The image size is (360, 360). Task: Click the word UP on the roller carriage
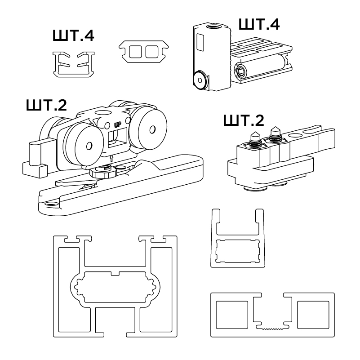[x=117, y=125]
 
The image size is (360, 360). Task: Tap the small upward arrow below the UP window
[x=111, y=158]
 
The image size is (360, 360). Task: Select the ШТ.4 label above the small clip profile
[x=73, y=36]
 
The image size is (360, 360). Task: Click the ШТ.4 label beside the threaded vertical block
[x=259, y=24]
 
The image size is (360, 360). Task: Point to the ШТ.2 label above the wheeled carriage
[x=46, y=105]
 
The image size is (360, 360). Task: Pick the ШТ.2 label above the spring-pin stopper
[x=244, y=120]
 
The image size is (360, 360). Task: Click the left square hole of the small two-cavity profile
[x=135, y=52]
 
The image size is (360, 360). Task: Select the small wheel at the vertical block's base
[x=200, y=80]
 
